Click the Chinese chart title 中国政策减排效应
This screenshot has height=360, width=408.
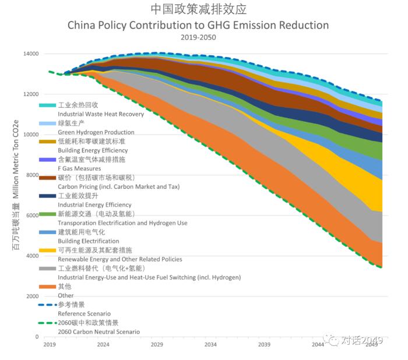198,10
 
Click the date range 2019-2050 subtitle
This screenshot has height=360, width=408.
198,37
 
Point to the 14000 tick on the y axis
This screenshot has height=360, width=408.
30,54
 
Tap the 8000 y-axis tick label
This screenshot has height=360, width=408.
32,175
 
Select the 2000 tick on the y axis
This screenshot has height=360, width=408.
32,297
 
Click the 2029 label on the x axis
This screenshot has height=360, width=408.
157,345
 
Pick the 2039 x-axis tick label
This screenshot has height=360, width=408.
264,345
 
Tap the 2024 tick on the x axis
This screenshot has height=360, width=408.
103,345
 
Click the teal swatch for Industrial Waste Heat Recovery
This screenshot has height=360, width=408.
47,105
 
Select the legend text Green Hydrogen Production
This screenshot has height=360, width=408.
96,132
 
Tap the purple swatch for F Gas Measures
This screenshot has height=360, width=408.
47,159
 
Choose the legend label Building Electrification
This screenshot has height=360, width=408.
88,241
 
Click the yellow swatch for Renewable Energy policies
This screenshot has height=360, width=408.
47,250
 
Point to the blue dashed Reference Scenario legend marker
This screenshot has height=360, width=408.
47,304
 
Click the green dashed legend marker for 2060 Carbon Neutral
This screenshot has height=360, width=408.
47,322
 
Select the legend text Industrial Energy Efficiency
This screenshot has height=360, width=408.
94,204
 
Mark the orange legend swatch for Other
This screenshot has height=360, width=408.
47,286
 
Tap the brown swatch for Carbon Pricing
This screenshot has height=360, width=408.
47,177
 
